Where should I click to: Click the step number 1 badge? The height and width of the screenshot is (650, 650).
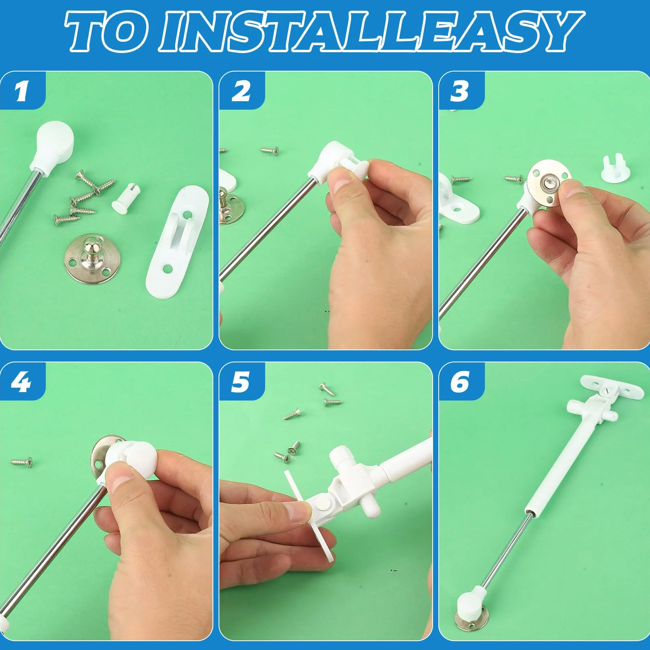click(22, 91)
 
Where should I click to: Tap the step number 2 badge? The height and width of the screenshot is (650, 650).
click(241, 91)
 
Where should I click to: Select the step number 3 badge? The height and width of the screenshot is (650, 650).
click(461, 91)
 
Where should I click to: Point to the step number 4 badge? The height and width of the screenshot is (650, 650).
click(22, 382)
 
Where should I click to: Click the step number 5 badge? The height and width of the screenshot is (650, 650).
click(241, 382)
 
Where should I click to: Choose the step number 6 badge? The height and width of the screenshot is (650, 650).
click(461, 382)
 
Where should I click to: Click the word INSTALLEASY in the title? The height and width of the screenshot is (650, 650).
click(372, 31)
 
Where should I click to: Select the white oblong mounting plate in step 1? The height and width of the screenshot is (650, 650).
click(177, 241)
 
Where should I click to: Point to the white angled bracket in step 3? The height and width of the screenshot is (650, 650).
click(458, 199)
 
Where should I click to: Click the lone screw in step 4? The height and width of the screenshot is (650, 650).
click(22, 462)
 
